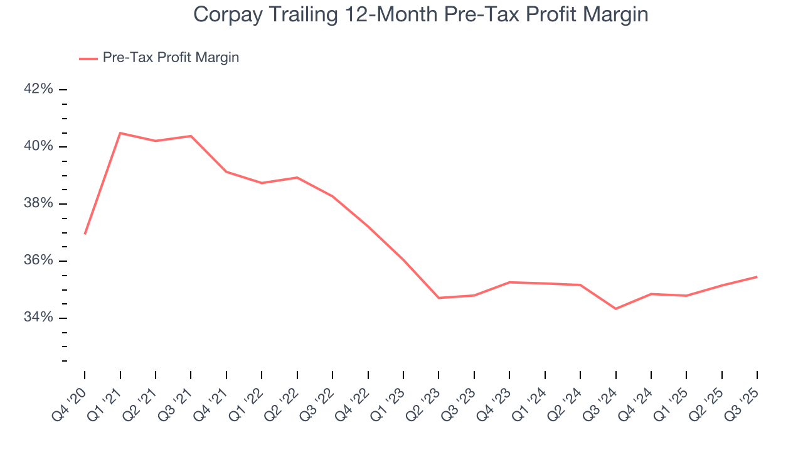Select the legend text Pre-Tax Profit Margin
coord(171,58)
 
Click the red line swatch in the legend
coord(88,58)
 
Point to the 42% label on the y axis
coord(38,89)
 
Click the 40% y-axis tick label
coord(38,146)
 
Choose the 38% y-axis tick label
coord(38,203)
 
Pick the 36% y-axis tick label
coord(38,261)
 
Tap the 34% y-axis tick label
coord(38,318)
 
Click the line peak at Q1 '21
coord(120,133)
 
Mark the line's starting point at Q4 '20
coord(85,234)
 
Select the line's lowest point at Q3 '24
coord(615,309)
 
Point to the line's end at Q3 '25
coord(757,277)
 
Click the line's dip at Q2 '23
coord(439,298)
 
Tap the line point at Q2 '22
coord(297,178)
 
